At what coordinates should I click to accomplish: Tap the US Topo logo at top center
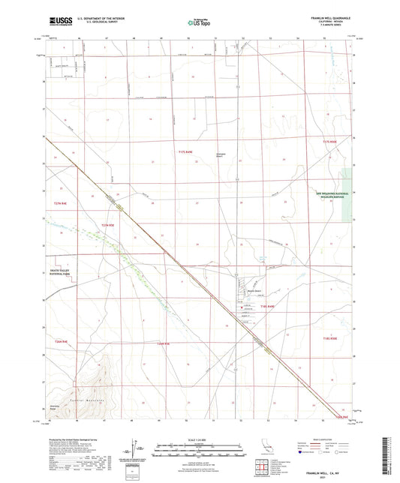[x=199, y=23]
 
